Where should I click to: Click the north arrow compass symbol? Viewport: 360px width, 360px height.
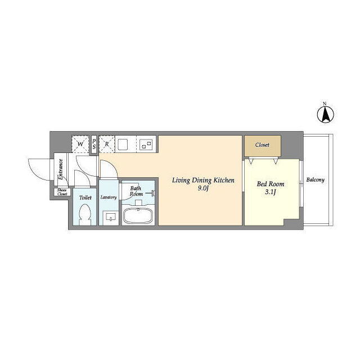(325, 114)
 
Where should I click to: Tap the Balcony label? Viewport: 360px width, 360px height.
(316, 180)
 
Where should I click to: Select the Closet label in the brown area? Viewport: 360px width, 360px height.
(262, 145)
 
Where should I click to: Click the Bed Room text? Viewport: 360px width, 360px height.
(271, 184)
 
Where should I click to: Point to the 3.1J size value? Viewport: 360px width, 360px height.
(270, 192)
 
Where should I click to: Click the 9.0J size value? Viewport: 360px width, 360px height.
(203, 188)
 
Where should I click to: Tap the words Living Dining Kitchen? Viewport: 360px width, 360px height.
(203, 181)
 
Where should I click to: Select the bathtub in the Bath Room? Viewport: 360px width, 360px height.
(138, 215)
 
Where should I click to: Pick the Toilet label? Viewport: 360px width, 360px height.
(85, 197)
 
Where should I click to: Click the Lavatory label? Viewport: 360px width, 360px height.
(109, 197)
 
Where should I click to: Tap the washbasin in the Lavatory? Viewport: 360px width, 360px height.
(111, 217)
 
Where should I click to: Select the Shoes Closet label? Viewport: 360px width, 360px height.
(62, 192)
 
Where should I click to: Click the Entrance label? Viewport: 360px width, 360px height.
(61, 169)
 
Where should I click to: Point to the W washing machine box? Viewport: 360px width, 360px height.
(80, 144)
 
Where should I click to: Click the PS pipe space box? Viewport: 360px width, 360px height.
(94, 145)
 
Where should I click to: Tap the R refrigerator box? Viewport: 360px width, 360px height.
(107, 144)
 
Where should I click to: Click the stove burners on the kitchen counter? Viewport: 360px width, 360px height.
(146, 145)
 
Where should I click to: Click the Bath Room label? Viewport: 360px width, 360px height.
(136, 191)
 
